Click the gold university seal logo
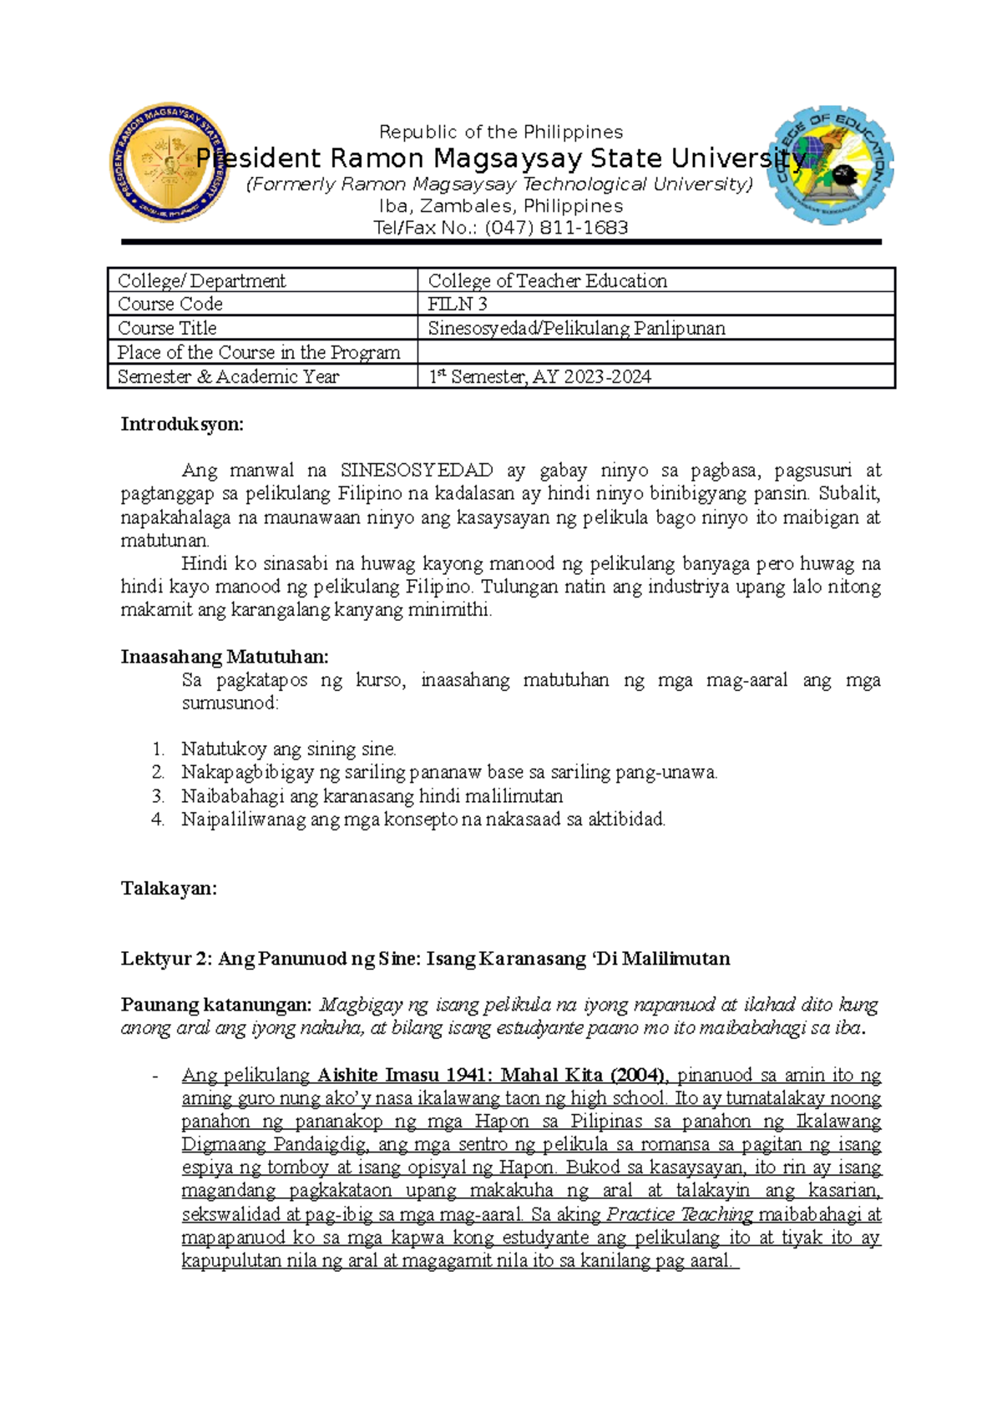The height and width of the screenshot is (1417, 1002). [170, 164]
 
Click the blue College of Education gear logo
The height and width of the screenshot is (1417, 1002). [830, 165]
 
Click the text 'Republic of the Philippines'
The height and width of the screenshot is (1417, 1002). [501, 132]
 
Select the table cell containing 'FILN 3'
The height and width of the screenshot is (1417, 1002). [655, 304]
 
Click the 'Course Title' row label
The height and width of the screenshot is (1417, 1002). [167, 328]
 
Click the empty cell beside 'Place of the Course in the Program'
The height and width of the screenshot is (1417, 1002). [655, 352]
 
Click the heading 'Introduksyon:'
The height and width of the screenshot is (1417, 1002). [182, 424]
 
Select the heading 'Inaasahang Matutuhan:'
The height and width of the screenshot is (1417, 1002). [225, 657]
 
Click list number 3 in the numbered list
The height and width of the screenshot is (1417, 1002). [159, 796]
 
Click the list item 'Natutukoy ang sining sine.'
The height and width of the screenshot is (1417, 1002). [289, 749]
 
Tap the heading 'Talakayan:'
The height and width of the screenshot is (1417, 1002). [169, 889]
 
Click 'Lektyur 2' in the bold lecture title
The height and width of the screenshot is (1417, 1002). [166, 959]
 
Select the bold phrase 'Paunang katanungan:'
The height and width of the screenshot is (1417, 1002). [216, 1005]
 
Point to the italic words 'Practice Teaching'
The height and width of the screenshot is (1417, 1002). [680, 1214]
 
